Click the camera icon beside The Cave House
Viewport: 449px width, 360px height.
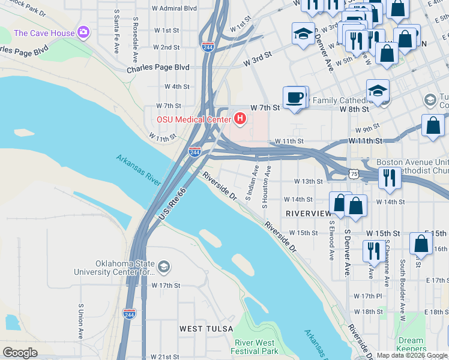pos(83,32)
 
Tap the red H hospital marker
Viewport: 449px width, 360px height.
pos(240,119)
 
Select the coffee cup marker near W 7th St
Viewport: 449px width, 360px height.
pos(294,97)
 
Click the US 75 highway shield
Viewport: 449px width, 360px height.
pos(354,174)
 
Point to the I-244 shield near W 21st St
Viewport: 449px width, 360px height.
pos(129,313)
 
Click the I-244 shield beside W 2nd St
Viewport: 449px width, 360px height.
pos(208,47)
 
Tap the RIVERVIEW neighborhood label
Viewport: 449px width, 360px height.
pos(309,214)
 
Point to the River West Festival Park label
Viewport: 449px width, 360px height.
pos(255,347)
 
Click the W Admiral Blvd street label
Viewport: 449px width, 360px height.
pos(174,8)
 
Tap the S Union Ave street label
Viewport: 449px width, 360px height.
pos(80,320)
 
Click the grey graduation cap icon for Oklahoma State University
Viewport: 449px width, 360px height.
pos(164,266)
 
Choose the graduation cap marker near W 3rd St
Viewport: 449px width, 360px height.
pos(303,34)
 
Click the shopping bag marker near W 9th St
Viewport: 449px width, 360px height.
pos(433,125)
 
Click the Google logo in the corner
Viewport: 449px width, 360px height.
pos(20,353)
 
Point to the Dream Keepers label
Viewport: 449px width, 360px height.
pos(411,344)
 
